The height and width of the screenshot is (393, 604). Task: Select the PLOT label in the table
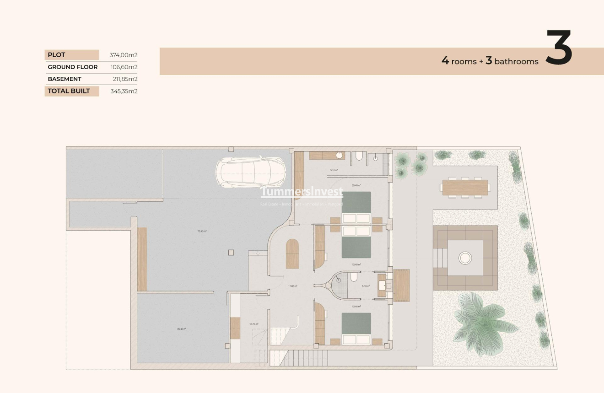tap(57, 55)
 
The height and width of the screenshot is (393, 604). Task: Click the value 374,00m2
tap(124, 55)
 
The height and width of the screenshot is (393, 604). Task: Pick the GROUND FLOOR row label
tap(73, 67)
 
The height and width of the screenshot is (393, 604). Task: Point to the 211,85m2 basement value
tap(125, 79)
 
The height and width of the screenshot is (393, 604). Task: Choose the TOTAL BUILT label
tap(69, 91)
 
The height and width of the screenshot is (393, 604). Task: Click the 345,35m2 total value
tap(124, 91)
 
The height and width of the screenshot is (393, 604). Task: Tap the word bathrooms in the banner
tap(516, 61)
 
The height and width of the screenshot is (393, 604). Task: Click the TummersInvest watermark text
tap(301, 192)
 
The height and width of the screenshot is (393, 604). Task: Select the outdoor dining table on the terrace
tap(465, 187)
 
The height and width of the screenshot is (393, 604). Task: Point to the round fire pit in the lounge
tap(465, 258)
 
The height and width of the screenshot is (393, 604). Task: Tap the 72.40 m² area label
tap(202, 231)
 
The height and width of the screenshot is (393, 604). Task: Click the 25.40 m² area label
tap(181, 329)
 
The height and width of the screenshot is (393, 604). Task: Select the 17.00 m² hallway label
tap(292, 286)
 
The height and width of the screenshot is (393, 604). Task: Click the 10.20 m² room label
tap(253, 324)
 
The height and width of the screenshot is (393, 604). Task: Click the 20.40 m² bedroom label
tap(356, 185)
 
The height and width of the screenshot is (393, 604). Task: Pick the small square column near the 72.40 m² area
tap(231, 252)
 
